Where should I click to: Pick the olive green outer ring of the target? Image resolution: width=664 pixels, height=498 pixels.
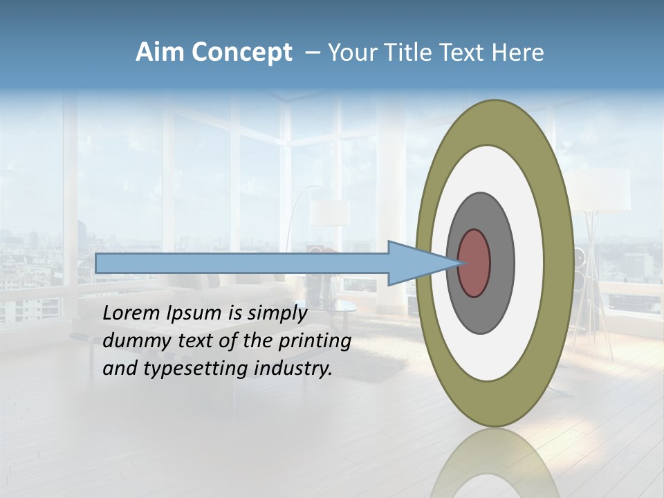(562, 264)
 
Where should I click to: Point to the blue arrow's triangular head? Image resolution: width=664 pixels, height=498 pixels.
(415, 264)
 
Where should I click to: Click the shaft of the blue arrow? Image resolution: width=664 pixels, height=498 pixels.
(242, 264)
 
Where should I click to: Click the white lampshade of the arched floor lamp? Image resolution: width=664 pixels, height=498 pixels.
(329, 213)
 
